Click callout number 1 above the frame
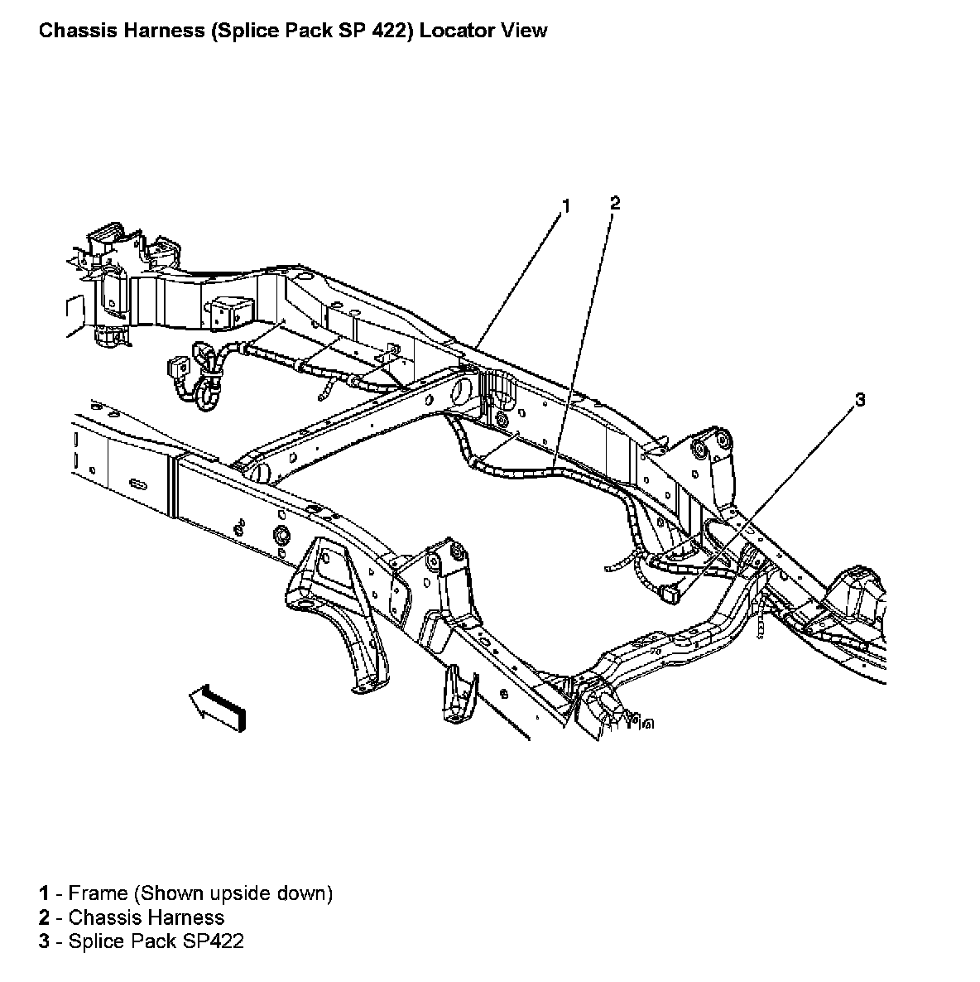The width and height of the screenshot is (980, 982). (x=566, y=206)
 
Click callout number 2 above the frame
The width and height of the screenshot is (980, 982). (x=614, y=204)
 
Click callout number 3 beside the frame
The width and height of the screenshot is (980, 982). (x=860, y=401)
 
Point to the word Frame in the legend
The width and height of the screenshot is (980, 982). (x=98, y=893)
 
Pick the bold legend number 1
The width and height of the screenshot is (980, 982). (x=43, y=893)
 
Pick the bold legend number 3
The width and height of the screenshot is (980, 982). (x=43, y=941)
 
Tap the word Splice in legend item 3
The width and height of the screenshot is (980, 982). (x=93, y=941)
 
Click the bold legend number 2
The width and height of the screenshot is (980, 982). (x=43, y=917)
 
